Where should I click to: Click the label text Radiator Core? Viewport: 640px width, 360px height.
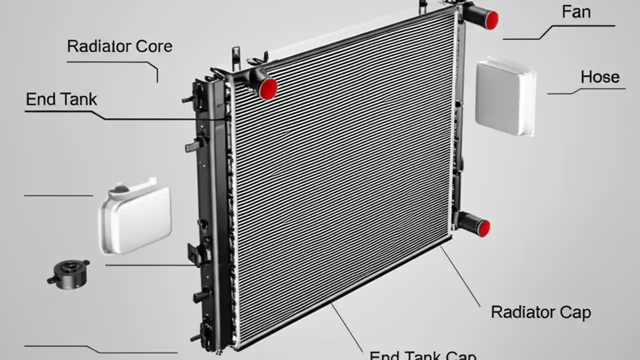click(x=119, y=46)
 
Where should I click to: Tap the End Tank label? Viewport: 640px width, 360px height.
click(x=61, y=99)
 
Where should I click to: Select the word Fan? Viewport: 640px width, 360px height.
click(x=576, y=12)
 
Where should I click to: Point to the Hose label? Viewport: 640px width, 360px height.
click(x=599, y=77)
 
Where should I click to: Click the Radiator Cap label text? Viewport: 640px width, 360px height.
click(x=540, y=312)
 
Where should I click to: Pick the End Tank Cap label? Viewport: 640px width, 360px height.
click(x=422, y=354)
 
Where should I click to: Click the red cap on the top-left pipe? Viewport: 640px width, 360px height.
click(x=268, y=88)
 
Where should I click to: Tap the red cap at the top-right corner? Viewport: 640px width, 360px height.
click(x=491, y=20)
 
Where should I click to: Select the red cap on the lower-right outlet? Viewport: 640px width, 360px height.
click(x=483, y=228)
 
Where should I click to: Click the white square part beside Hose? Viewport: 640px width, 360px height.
click(x=505, y=98)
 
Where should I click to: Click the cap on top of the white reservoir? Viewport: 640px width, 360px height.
click(x=120, y=189)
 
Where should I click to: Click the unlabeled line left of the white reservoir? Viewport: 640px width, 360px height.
click(x=58, y=195)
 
